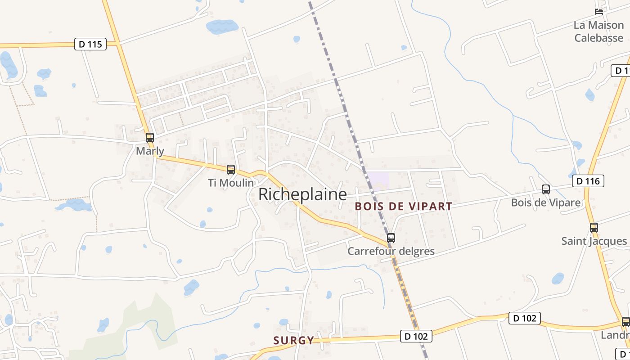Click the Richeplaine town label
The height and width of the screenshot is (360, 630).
click(302, 194)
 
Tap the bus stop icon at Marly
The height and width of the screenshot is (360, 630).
click(150, 138)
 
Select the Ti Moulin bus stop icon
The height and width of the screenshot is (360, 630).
click(231, 170)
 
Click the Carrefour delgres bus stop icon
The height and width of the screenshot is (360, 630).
click(391, 238)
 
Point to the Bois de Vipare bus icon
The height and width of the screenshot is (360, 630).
click(546, 189)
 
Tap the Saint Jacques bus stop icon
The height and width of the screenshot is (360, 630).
click(594, 228)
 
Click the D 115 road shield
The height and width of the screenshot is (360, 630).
click(90, 44)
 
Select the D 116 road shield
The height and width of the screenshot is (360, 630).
click(587, 181)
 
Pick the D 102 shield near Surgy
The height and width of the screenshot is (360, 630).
click(416, 336)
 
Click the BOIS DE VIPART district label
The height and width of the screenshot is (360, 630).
click(403, 207)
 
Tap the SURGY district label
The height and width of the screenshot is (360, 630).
click(294, 340)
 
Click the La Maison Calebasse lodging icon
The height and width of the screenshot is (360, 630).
click(598, 12)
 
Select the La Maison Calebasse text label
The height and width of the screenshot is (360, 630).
click(598, 31)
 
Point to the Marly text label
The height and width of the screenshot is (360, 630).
click(150, 151)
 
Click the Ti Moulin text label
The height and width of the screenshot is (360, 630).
click(230, 183)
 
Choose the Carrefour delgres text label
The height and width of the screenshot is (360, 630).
click(391, 251)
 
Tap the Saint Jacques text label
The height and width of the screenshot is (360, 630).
click(594, 241)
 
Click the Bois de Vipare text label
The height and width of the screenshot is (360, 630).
click(545, 202)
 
